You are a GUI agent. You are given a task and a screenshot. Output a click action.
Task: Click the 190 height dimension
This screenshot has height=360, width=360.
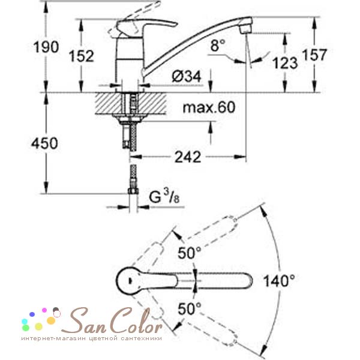pos(46,47)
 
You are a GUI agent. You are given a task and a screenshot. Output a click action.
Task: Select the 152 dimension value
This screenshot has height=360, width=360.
pos(82,56)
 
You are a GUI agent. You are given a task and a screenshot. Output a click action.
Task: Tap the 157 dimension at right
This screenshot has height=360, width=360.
pos(314,55)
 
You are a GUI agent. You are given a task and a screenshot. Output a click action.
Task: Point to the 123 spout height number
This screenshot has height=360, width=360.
pos(285,63)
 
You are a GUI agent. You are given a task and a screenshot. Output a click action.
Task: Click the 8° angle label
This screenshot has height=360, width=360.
pos(218,45)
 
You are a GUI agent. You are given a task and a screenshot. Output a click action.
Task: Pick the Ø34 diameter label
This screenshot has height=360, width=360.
pos(187,76)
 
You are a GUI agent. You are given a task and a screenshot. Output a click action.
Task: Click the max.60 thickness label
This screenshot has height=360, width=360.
pos(209,107)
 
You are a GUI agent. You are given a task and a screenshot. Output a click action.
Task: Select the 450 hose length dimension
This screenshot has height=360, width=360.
pos(44,143)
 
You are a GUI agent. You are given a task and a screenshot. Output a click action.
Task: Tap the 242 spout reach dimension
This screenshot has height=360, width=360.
pos(188,157)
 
